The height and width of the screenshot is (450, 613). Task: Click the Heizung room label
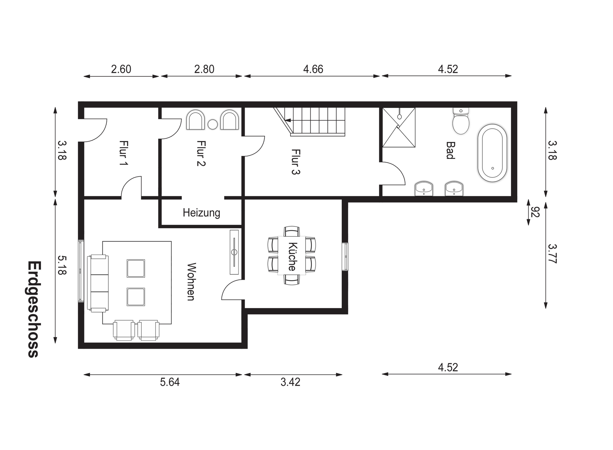point(201,213)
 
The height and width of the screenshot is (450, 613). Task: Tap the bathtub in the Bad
point(492,153)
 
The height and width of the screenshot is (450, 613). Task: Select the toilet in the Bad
point(461,121)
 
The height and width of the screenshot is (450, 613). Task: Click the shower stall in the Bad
point(399,127)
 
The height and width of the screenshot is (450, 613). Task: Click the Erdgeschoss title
point(33,309)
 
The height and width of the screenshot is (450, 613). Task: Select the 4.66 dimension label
point(313,69)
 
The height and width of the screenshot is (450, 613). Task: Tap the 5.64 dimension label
point(170,382)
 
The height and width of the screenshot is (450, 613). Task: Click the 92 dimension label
point(535,212)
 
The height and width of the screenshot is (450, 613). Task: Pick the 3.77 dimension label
point(553,254)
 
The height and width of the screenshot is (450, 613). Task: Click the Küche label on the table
point(292,256)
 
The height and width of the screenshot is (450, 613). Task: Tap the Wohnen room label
point(192,282)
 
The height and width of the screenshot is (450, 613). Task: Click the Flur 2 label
point(201,153)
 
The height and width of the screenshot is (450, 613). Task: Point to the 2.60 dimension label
point(121,69)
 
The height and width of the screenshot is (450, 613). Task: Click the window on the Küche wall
point(345,256)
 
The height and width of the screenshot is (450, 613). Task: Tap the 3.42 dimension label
point(290,382)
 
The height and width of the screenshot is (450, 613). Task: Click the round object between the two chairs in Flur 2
point(213,125)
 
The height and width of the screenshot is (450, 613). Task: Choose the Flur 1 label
point(123,153)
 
